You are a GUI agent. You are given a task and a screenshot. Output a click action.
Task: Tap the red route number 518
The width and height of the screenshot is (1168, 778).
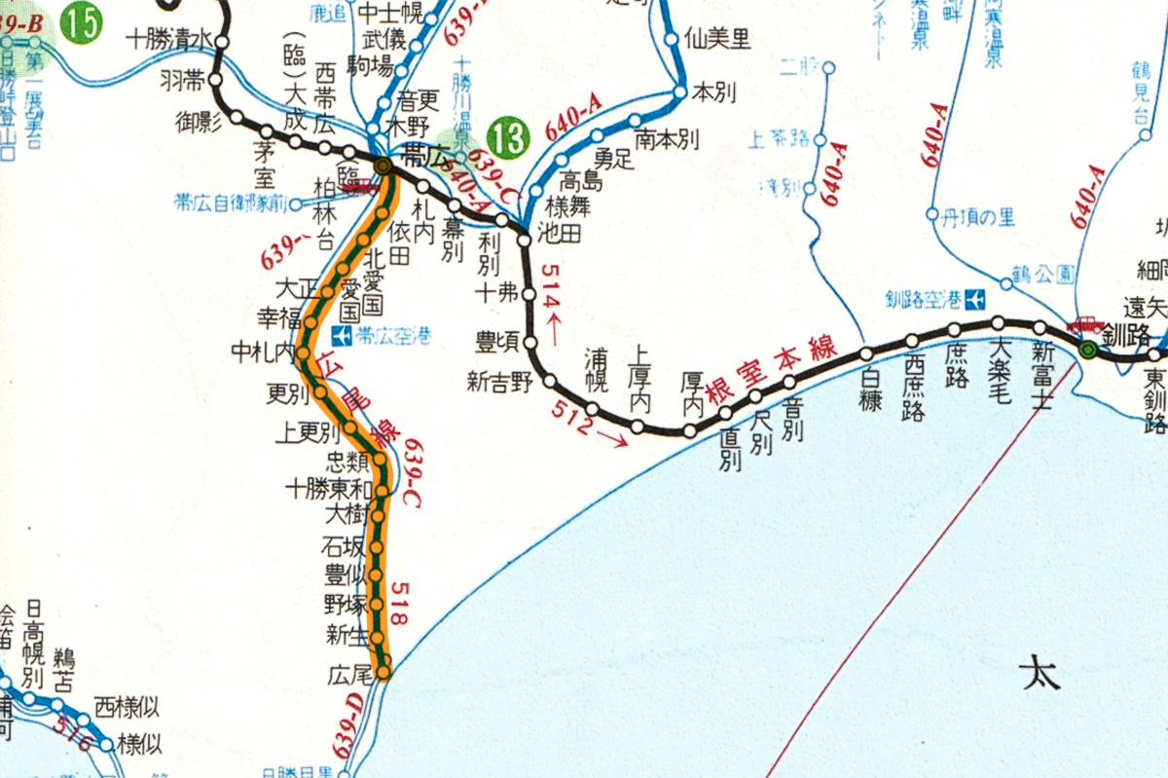(x=402, y=598)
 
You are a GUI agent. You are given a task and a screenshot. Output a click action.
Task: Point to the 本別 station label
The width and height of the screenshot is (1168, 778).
(x=712, y=93)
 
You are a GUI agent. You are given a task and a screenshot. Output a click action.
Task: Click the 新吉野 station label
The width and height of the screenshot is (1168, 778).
(x=500, y=383)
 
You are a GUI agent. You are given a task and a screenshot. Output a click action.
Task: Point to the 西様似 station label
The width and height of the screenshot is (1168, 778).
(x=127, y=705)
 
